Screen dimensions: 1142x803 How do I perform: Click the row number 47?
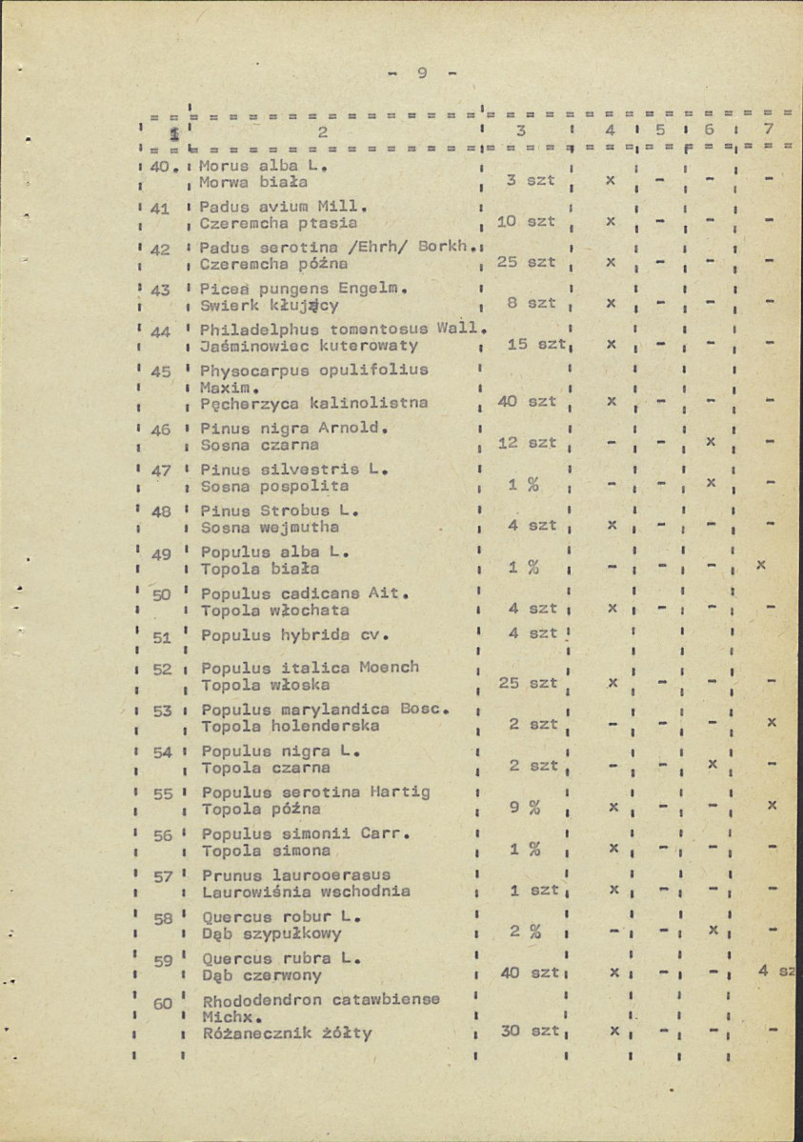click(161, 469)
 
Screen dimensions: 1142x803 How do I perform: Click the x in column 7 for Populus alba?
click(760, 565)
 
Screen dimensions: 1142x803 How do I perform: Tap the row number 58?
click(162, 918)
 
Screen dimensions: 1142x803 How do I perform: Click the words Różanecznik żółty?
click(287, 1033)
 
